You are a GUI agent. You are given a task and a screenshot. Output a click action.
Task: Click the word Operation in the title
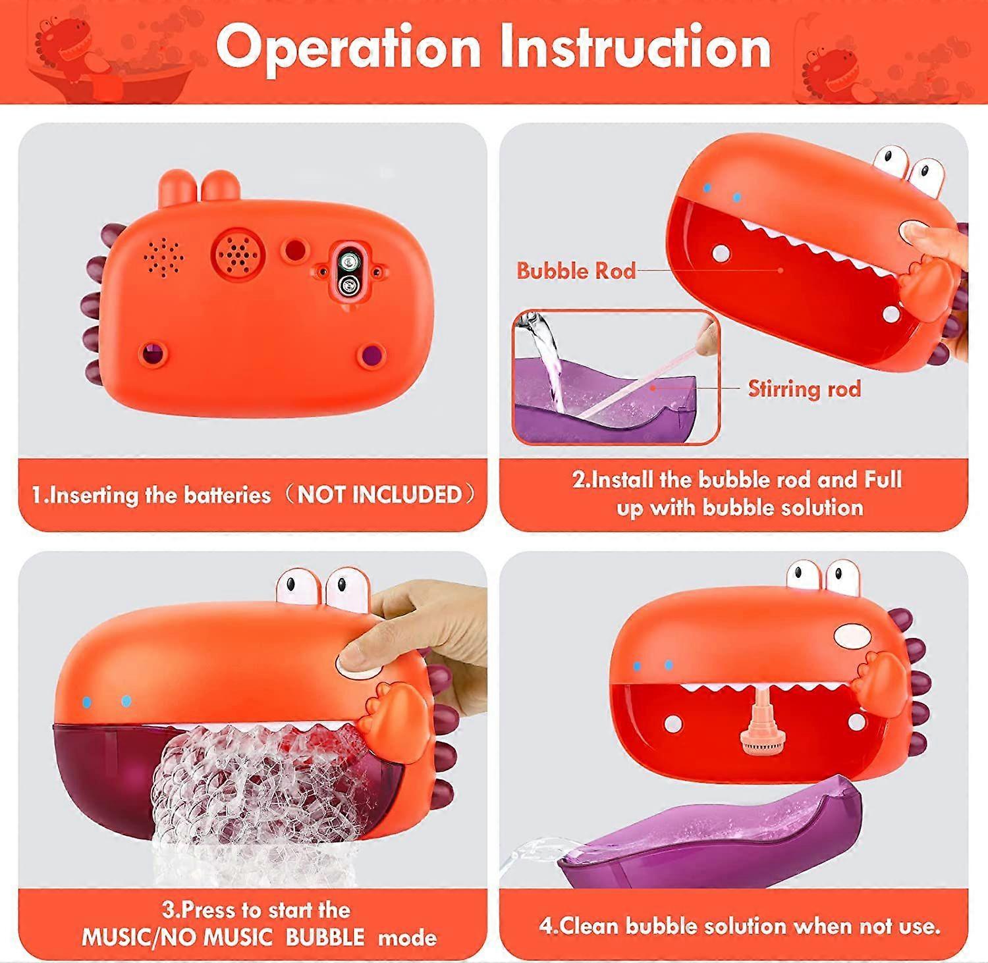[x=348, y=47]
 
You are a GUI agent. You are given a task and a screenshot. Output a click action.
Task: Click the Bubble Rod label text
[x=576, y=271]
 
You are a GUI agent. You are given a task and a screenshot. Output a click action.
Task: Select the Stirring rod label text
[x=804, y=388]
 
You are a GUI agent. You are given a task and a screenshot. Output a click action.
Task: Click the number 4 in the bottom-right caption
[x=547, y=926]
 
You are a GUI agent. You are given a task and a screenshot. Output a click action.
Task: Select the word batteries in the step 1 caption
[x=227, y=495]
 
